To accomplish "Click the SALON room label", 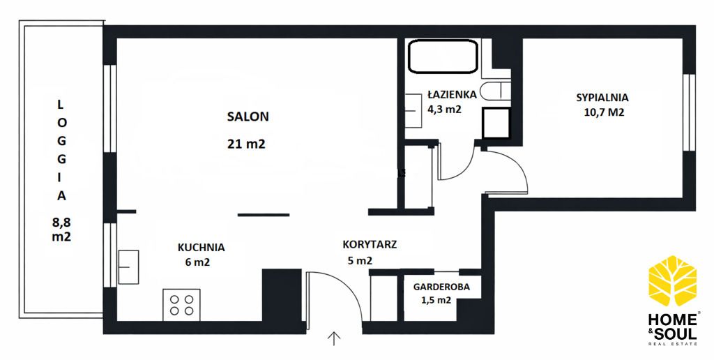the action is (x=248, y=117).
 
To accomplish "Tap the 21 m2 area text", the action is (x=246, y=144).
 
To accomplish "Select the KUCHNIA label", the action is (x=202, y=248).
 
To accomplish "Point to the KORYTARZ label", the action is (x=370, y=245).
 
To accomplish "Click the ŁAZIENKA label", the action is (x=452, y=95).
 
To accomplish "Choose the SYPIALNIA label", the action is (x=602, y=98).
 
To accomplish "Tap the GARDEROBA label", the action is (x=441, y=287).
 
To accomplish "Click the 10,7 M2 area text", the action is (x=604, y=112).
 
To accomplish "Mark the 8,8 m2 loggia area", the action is (x=61, y=230).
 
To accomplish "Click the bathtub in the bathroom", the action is (x=443, y=57).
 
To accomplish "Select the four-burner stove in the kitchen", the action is (x=181, y=305).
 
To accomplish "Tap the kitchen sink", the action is (x=128, y=267).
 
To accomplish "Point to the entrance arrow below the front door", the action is (x=334, y=338).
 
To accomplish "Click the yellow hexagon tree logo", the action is (x=672, y=280).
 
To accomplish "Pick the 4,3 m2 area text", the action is (x=444, y=110).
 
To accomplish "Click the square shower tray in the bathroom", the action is (x=496, y=123).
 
